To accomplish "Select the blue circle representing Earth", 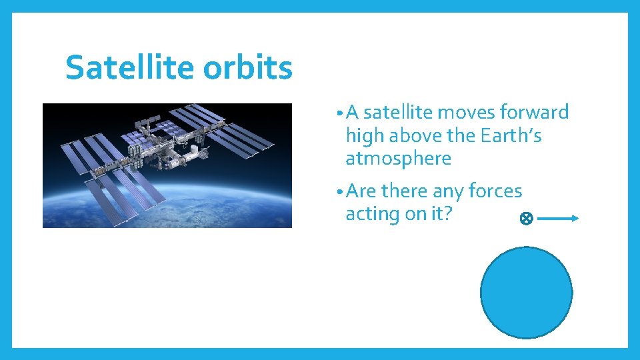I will (526, 292).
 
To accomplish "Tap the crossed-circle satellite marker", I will (525, 218).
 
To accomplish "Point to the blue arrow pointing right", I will (559, 218).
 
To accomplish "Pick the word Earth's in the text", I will (511, 135).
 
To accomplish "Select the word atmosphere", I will (398, 159).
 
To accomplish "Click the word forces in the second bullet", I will (495, 191).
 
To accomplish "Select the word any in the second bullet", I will (448, 192).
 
